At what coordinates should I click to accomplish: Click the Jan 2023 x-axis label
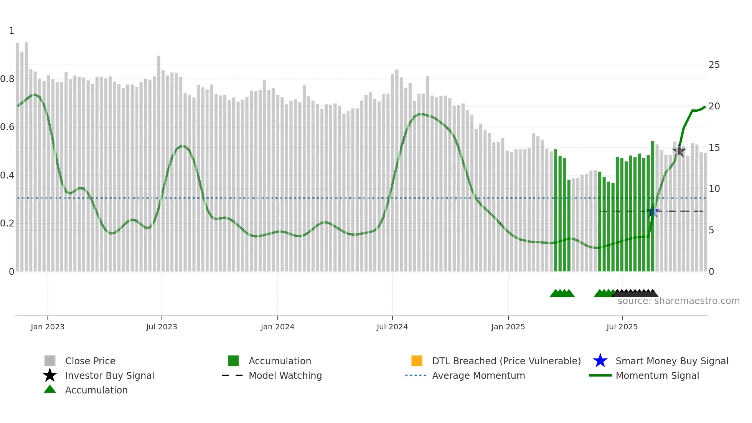[48, 327]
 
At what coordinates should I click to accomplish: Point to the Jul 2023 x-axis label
[162, 327]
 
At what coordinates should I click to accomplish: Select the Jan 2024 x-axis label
[277, 327]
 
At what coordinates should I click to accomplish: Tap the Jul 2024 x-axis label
[392, 327]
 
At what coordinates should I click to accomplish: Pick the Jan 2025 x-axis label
[508, 327]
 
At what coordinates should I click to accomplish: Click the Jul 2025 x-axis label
[622, 327]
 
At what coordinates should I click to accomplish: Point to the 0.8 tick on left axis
[7, 79]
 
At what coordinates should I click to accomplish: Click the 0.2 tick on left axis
[7, 223]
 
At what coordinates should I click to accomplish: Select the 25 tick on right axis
[714, 65]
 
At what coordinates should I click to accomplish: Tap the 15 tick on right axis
[714, 148]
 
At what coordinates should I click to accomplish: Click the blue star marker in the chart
[652, 211]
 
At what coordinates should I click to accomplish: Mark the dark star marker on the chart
[679, 151]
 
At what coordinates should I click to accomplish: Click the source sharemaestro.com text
[678, 301]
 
